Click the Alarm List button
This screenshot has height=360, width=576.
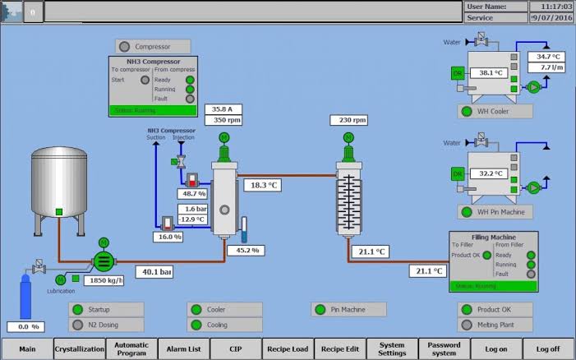pos(182,348)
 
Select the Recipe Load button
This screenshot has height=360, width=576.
pos(288,348)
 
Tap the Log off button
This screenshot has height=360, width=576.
pos(548,348)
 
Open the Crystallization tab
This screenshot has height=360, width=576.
pos(80,348)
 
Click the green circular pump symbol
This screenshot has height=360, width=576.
pos(104,261)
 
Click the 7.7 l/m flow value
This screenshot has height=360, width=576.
pos(548,67)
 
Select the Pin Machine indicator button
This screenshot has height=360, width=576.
pos(349,310)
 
